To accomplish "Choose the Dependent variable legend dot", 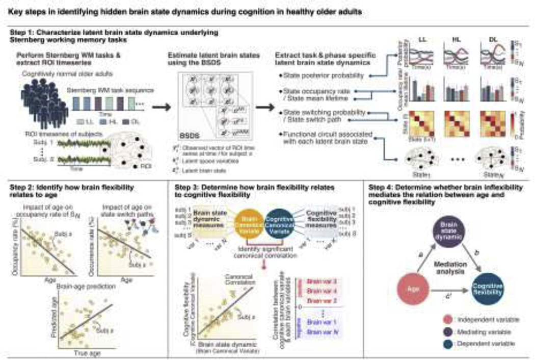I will [x=437, y=344].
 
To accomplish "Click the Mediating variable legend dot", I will [x=437, y=332].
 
